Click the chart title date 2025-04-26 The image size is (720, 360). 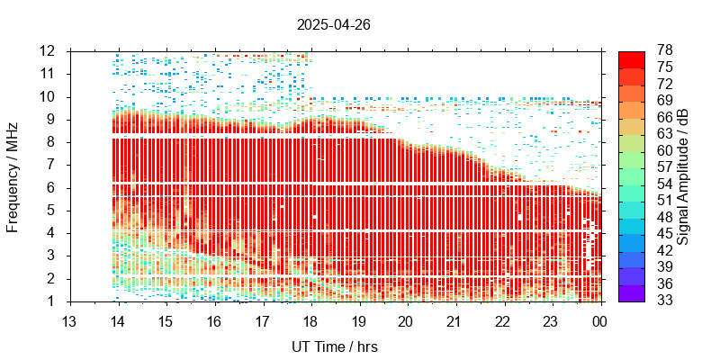pyautogui.click(x=334, y=25)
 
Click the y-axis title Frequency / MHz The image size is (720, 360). pyautogui.click(x=13, y=175)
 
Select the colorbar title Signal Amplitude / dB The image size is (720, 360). pyautogui.click(x=683, y=175)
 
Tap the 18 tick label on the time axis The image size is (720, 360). pyautogui.click(x=310, y=321)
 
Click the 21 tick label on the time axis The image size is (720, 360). pyautogui.click(x=454, y=321)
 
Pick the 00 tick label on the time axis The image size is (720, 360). pyautogui.click(x=597, y=321)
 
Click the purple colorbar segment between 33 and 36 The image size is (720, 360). pyautogui.click(x=632, y=293)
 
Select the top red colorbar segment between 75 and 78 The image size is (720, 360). pyautogui.click(x=632, y=58)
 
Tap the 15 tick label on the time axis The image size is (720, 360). pyautogui.click(x=166, y=321)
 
